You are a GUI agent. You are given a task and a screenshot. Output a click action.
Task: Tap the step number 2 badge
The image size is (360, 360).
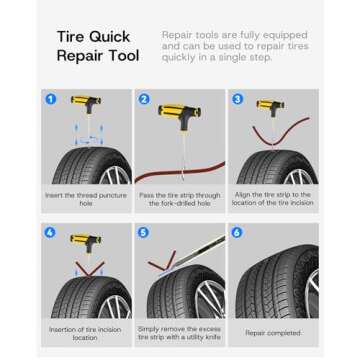click(x=145, y=101)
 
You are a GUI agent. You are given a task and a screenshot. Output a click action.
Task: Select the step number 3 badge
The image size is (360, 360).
click(x=237, y=100)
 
